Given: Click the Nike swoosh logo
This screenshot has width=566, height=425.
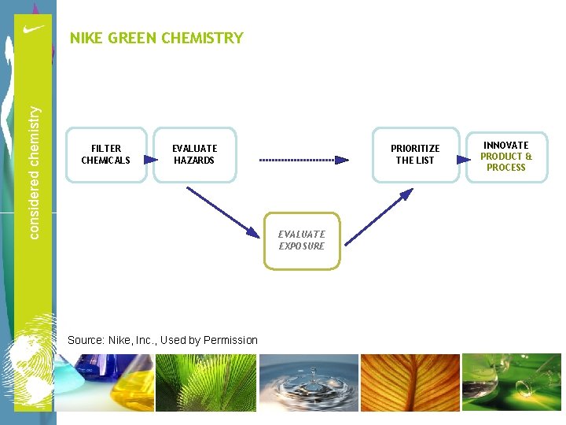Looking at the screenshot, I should pos(33,30).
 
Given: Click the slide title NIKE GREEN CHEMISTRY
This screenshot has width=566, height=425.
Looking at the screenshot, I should pos(156,38).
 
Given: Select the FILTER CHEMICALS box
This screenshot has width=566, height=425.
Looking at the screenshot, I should pos(106,154).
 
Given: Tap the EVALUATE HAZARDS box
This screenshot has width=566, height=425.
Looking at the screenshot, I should pos(194,154).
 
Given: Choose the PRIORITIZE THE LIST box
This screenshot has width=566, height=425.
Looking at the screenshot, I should pos(415,154).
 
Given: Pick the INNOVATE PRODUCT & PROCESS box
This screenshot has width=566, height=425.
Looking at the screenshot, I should pos(505,156).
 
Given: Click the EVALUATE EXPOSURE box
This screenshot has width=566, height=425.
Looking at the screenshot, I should pos(302,240).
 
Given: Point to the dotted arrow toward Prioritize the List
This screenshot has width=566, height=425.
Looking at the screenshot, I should pos(303,160).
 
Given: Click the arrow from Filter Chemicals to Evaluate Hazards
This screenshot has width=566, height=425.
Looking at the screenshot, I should pos(150,159).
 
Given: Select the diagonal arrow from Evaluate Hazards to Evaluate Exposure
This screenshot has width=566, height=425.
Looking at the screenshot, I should pos(223,210).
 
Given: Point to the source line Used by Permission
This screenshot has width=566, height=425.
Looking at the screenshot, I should pos(163,340).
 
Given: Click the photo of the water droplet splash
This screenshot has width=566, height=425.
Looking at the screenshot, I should pos(309,382).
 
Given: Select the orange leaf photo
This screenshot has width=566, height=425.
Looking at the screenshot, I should pos(409,382).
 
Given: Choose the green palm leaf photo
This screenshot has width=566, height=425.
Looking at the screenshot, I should pos(205,382).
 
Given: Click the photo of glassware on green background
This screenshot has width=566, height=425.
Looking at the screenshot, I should pos(511,382).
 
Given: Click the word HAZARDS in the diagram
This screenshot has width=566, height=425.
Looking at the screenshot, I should pos(194,161).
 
